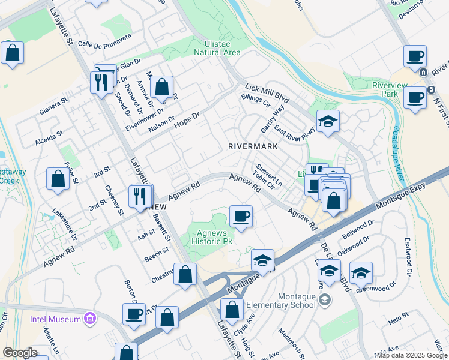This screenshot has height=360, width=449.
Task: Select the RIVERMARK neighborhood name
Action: point(253,146)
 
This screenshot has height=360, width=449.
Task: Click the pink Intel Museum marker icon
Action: point(90,318)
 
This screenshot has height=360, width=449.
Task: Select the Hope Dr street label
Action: point(186,118)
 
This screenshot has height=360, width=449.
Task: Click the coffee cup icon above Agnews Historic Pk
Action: point(241,217)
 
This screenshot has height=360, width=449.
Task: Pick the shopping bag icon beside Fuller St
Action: point(57,179)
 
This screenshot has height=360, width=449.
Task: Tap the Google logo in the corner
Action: point(19,353)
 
